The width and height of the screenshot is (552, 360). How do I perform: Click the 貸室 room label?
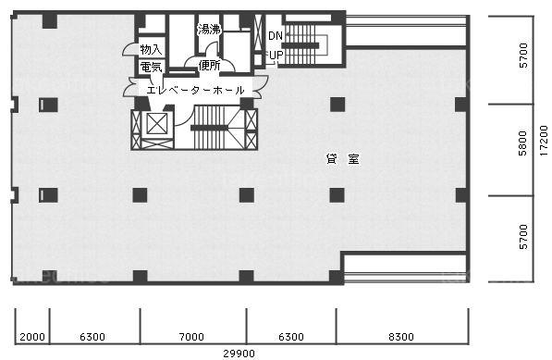(x=343, y=159)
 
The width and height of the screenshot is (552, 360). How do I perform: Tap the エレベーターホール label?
(x=195, y=90)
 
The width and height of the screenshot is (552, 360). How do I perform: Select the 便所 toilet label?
(x=209, y=66)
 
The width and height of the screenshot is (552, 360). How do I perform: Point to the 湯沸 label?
(x=209, y=30)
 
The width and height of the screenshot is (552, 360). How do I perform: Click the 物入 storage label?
(x=151, y=49)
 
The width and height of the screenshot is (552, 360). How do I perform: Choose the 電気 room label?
(x=151, y=67)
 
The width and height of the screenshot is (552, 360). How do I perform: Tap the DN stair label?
(x=276, y=35)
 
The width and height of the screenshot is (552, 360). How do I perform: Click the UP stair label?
(x=276, y=55)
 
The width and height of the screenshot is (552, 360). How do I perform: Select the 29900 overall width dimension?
(x=239, y=354)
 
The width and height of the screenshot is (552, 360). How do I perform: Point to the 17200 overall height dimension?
(x=544, y=141)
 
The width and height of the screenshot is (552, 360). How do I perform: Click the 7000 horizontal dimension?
(x=191, y=337)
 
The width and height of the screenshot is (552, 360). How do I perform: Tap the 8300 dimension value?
(x=401, y=337)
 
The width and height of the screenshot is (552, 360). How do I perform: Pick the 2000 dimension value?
(x=32, y=337)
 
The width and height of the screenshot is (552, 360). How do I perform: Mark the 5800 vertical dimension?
(x=523, y=143)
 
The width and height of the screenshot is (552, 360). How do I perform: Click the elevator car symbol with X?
(x=156, y=124)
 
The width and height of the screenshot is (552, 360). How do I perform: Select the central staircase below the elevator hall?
(x=218, y=128)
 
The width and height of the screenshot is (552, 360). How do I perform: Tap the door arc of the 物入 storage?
(x=129, y=49)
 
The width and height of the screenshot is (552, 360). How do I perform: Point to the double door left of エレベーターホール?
(x=129, y=87)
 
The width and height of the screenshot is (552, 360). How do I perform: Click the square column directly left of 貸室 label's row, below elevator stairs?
(x=247, y=195)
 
